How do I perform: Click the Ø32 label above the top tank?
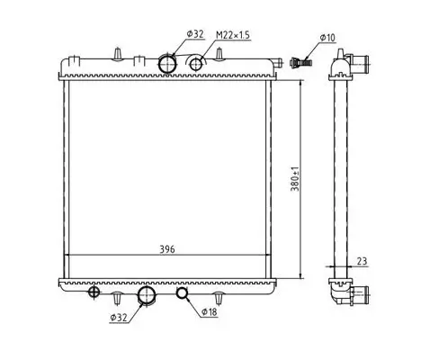click(x=195, y=33)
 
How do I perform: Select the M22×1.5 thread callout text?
click(x=233, y=35)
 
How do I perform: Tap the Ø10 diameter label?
click(x=327, y=38)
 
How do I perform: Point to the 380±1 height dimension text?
click(x=294, y=179)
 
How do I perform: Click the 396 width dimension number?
click(x=167, y=249)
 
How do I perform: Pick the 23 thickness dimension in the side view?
click(x=362, y=261)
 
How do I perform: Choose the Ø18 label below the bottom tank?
click(x=209, y=312)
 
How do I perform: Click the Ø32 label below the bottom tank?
click(x=119, y=318)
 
